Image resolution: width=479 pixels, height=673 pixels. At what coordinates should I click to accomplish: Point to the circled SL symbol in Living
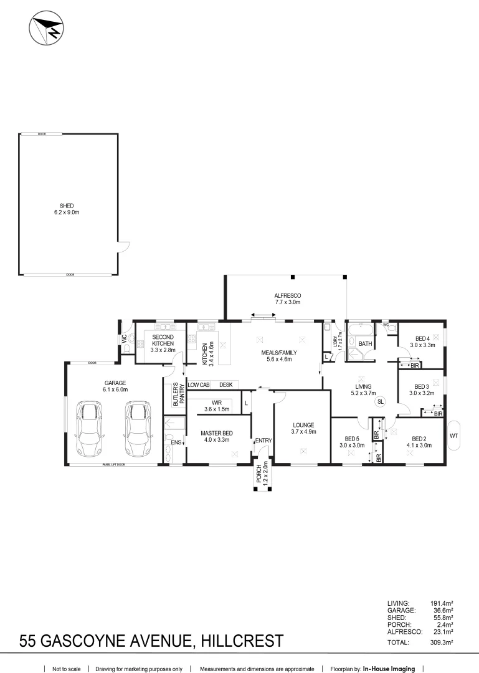coord(380,403)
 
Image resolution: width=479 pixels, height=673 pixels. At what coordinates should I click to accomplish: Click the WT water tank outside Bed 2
coord(453,436)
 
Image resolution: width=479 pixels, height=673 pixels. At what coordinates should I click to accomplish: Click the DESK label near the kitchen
coord(225,385)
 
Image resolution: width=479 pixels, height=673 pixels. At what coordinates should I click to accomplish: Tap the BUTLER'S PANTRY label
coord(179,394)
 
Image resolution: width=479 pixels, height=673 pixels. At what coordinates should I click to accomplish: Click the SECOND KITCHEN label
coord(163,343)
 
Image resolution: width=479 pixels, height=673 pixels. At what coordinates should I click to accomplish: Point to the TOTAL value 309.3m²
coord(443,642)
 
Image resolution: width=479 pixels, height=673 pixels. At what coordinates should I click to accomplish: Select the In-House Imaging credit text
coord(389,669)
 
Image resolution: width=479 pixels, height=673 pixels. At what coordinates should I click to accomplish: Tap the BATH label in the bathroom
coord(365,343)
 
